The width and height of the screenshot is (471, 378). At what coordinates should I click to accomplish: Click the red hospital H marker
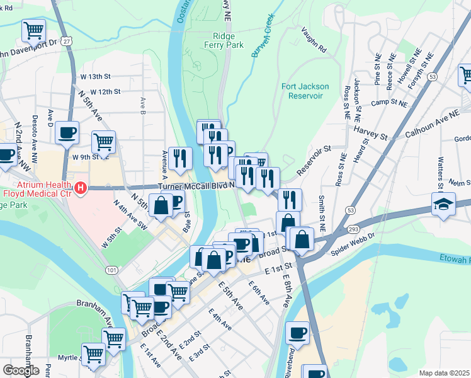[x=80, y=187]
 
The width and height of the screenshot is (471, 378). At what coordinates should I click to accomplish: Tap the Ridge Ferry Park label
[x=219, y=40]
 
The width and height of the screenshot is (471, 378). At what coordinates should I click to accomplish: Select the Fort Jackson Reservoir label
[x=302, y=90]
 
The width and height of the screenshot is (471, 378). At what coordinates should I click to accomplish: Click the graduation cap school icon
[x=444, y=204]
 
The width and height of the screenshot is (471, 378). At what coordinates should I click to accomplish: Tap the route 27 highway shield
[x=66, y=40]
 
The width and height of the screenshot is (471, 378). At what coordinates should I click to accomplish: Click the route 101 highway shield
[x=111, y=270]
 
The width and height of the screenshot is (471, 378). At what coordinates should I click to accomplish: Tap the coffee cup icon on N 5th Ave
[x=67, y=132]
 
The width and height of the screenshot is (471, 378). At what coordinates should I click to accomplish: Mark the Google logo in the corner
[x=21, y=370]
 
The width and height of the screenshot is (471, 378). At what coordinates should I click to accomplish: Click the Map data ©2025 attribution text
[x=444, y=373]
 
